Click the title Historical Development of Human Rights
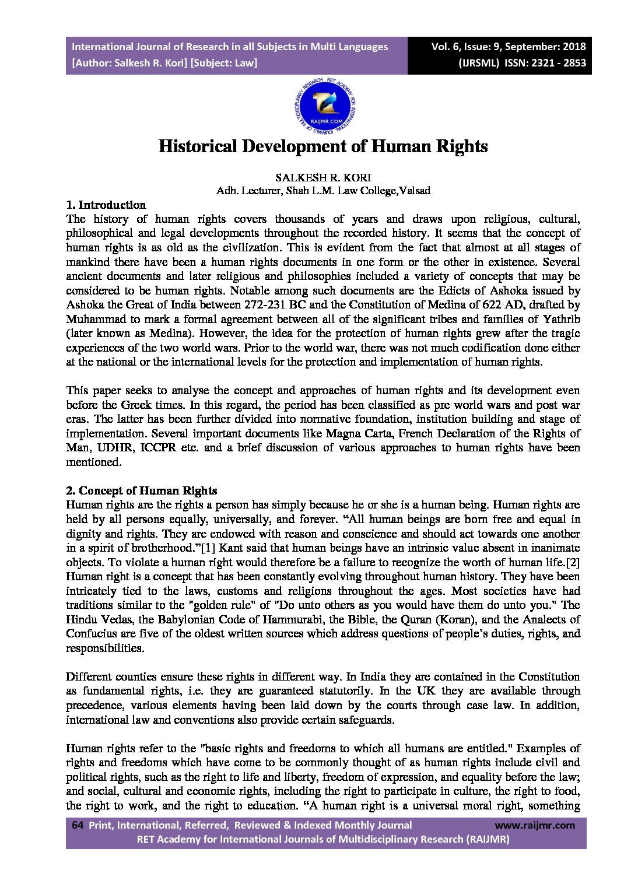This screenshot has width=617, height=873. [323, 146]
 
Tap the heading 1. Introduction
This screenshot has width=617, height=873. [106, 205]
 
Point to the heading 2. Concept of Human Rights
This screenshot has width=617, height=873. [141, 490]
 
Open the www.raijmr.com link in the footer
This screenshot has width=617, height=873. [534, 825]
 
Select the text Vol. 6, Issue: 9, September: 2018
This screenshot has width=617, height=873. [509, 47]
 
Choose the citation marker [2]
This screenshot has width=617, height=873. [570, 562]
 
